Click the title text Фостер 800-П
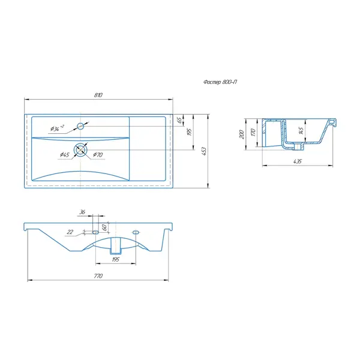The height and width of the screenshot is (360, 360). point(220,82)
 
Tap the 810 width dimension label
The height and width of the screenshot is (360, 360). point(98,95)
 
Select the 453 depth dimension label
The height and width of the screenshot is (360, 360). point(203,151)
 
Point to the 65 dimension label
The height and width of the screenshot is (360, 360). point(180,119)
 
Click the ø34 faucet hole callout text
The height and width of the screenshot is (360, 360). point(57,128)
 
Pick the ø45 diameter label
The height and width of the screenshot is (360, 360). point(65,155)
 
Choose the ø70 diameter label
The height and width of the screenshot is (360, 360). point(98,155)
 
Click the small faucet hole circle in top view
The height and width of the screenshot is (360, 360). point(80,126)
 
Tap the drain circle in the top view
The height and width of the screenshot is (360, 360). point(80,149)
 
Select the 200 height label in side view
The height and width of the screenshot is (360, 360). point(242,134)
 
